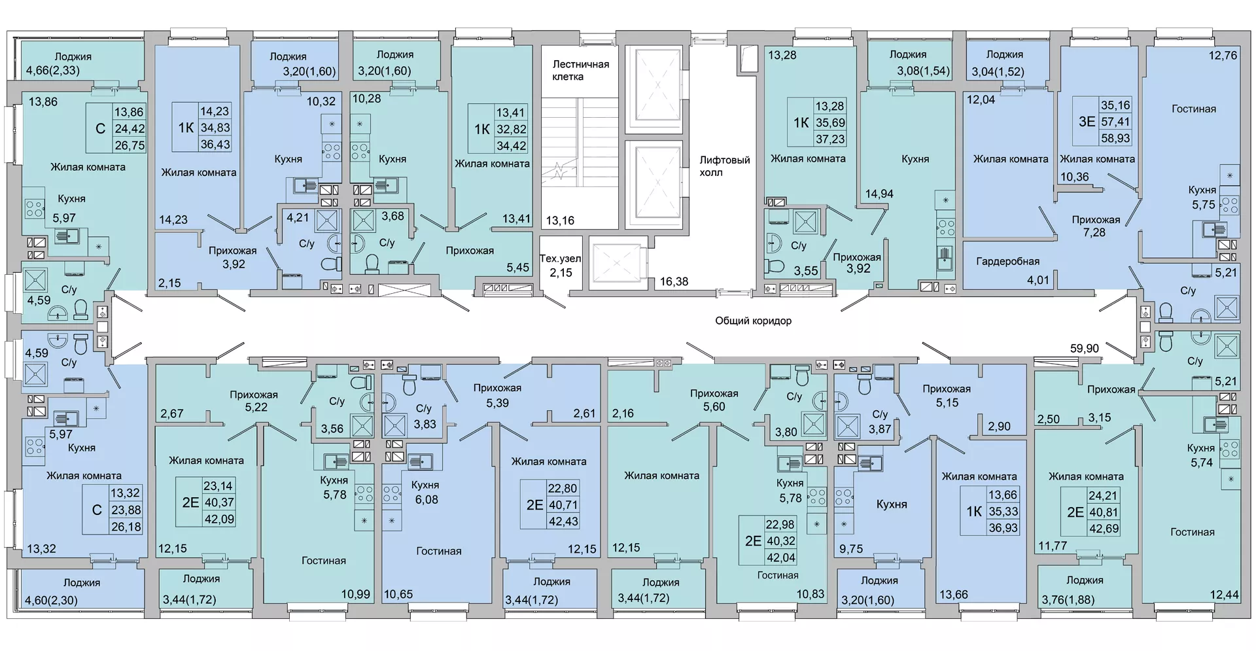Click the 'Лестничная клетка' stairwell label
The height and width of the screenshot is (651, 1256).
pyautogui.click(x=580, y=70)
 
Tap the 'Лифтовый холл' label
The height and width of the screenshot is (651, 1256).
pyautogui.click(x=724, y=166)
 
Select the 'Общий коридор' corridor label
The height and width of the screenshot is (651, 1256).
pyautogui.click(x=753, y=321)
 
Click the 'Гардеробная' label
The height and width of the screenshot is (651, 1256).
pyautogui.click(x=1007, y=262)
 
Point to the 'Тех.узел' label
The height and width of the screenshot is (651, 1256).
pyautogui.click(x=560, y=258)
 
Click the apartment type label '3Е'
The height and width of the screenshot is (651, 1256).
pyautogui.click(x=1087, y=121)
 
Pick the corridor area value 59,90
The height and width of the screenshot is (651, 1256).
pyautogui.click(x=1084, y=349)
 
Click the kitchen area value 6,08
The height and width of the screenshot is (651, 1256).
pyautogui.click(x=427, y=499)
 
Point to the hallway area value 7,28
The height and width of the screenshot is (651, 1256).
pyautogui.click(x=1094, y=232)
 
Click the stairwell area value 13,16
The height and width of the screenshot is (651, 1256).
pyautogui.click(x=560, y=220)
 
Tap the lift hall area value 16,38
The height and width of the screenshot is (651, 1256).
pyautogui.click(x=674, y=281)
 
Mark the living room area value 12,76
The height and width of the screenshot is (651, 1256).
pyautogui.click(x=1223, y=56)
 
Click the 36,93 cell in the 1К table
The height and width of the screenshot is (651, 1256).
pyautogui.click(x=1003, y=528)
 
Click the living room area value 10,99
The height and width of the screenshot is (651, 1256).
pyautogui.click(x=355, y=594)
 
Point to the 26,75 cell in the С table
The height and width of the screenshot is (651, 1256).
pyautogui.click(x=130, y=145)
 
